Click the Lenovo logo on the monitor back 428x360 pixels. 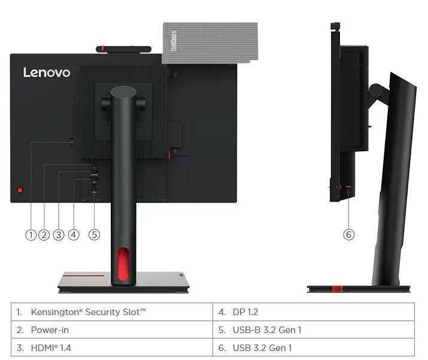pos(47,72)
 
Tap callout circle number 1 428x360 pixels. pos(31,234)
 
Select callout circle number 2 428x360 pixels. pos(44,234)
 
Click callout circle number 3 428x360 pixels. pos(58,234)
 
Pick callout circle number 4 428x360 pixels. pos(74,234)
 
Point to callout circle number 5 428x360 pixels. pos(94,234)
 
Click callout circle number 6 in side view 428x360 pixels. pos(349,234)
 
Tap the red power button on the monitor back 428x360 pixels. pos(19,186)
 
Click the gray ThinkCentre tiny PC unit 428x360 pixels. pos(210,42)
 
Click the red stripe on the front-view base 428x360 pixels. pos(84,276)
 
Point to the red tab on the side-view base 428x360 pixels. pos(338,289)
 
